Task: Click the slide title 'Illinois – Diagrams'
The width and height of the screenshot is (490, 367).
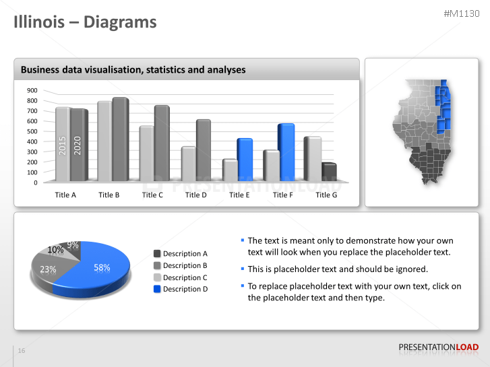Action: (x=86, y=22)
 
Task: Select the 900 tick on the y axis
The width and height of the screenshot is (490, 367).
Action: (x=32, y=90)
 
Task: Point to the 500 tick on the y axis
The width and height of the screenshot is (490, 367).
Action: (x=32, y=131)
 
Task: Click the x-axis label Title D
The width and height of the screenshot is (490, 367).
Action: (x=196, y=195)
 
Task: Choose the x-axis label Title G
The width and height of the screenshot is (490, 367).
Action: (x=326, y=195)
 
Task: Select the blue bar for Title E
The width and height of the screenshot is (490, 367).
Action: (x=244, y=160)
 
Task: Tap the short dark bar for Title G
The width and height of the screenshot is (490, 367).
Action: (x=329, y=172)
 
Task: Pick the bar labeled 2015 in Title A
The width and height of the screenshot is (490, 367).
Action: (x=63, y=145)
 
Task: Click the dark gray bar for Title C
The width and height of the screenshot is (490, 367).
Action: (x=162, y=143)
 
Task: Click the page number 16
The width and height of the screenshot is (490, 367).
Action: (x=22, y=351)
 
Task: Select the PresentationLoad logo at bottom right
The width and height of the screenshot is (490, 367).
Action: (x=439, y=347)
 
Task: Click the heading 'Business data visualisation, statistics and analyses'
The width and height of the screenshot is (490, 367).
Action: (x=133, y=69)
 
